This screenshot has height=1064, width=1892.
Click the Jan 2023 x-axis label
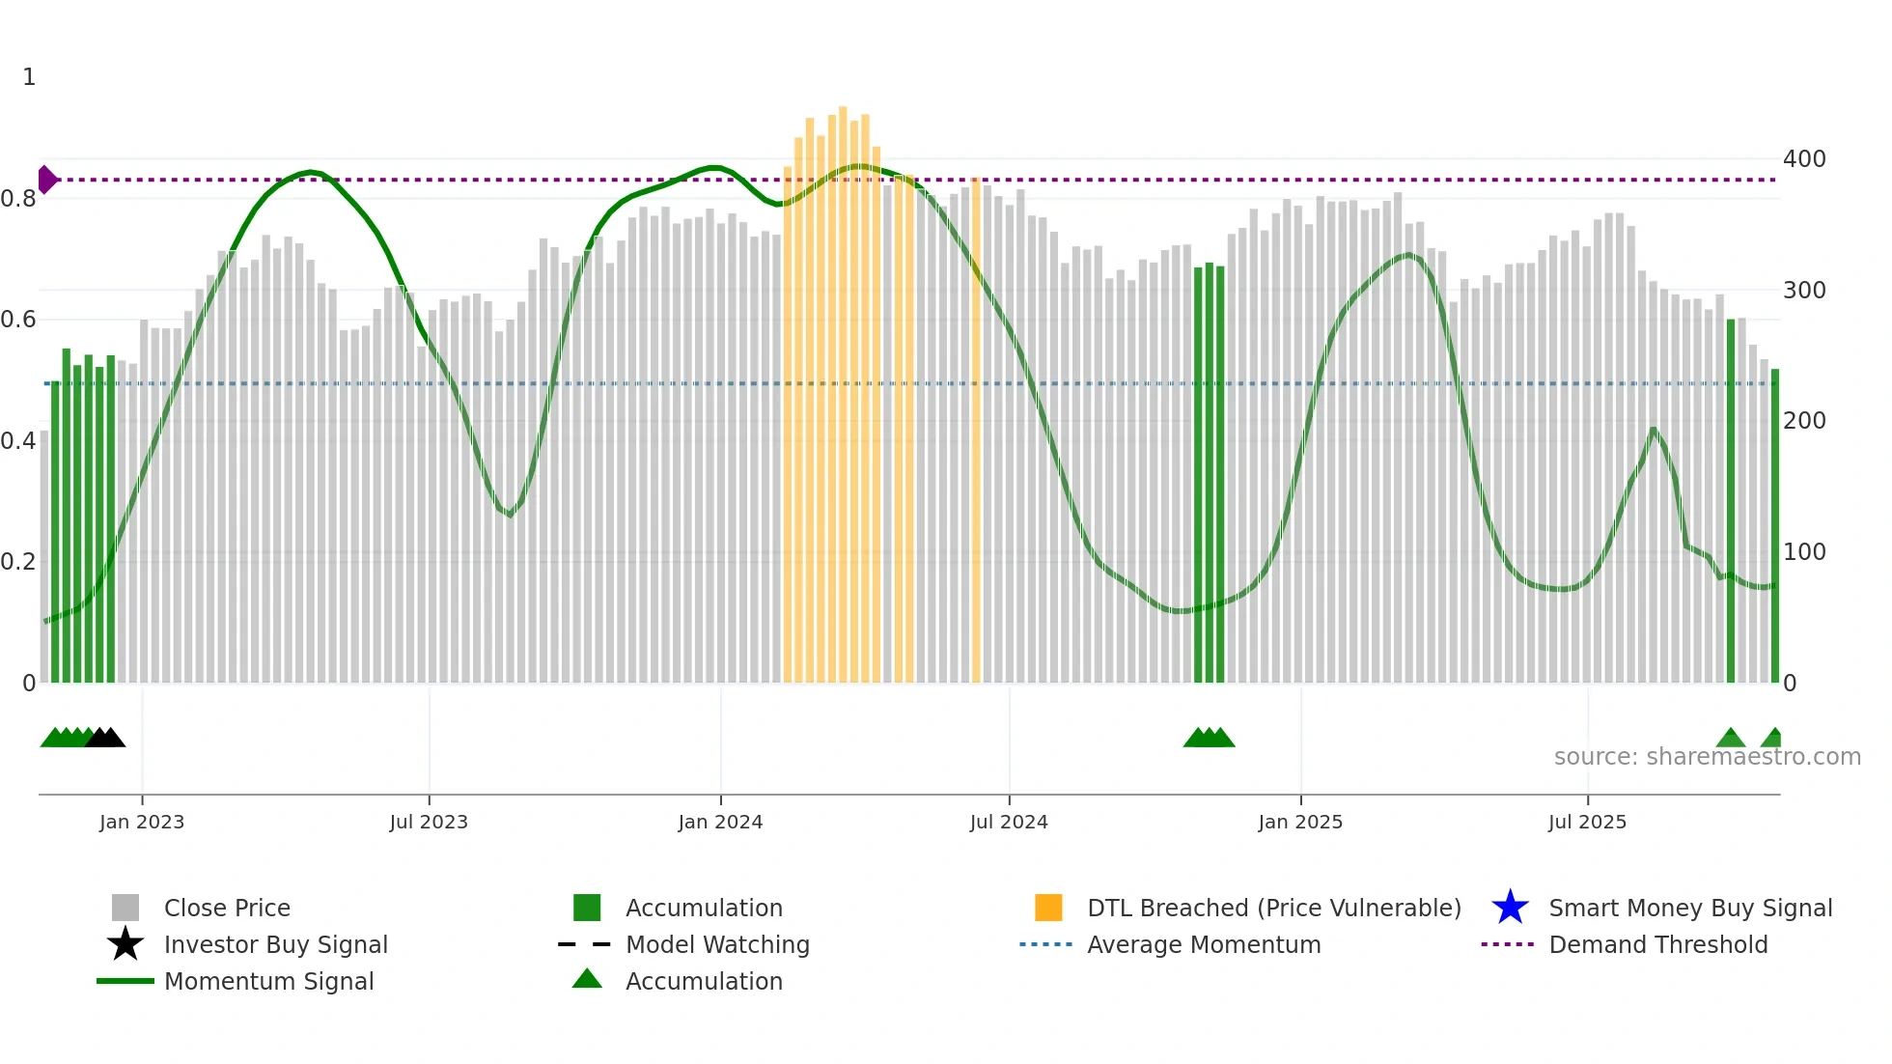(142, 822)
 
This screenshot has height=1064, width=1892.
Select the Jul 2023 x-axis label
(429, 822)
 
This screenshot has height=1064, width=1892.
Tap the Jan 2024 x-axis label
(720, 822)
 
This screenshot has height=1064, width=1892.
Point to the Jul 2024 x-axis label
(1009, 822)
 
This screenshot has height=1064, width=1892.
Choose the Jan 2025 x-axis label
(1300, 822)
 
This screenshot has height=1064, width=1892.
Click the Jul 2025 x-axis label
(1587, 822)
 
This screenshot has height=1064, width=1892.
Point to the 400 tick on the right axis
(1804, 159)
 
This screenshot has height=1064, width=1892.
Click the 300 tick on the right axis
(1804, 291)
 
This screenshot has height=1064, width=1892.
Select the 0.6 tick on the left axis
(18, 320)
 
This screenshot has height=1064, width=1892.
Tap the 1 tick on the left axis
(29, 77)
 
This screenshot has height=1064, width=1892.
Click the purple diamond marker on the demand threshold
(46, 180)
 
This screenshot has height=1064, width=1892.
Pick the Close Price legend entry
(227, 908)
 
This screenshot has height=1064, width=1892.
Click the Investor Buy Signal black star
(125, 944)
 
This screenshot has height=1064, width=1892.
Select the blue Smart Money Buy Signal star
(1510, 908)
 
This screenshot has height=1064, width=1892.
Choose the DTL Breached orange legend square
(1048, 908)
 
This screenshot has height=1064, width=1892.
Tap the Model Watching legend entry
(717, 944)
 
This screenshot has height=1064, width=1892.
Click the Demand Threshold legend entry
(1657, 944)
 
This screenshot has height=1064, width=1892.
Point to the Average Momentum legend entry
(1204, 944)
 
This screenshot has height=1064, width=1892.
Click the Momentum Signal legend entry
(268, 981)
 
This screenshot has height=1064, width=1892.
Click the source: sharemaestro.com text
(1707, 757)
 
